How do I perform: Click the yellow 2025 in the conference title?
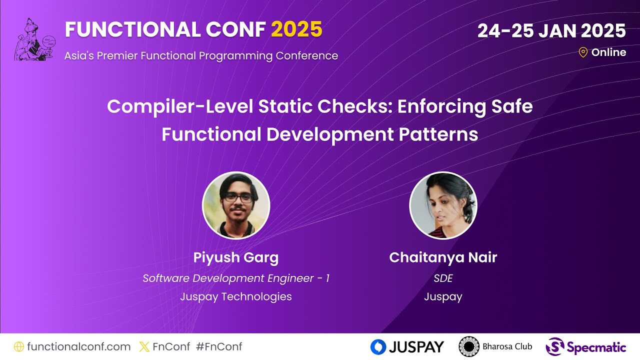tap(296, 30)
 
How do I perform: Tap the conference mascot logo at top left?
tap(34, 40)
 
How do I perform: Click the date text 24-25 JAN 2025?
tap(551, 31)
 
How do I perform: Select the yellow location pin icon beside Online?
tap(582, 52)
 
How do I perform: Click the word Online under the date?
tap(608, 52)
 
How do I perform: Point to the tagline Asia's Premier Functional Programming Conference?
tap(201, 55)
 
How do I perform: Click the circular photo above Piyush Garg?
tap(236, 205)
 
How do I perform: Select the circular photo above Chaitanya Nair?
tap(443, 205)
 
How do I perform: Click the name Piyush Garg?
tap(236, 257)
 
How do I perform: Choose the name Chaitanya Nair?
tap(443, 257)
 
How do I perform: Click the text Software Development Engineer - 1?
tap(236, 278)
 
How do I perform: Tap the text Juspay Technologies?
tap(236, 296)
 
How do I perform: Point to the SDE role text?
tap(443, 278)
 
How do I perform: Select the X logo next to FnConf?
tap(144, 346)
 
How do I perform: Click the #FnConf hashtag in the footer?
tap(219, 346)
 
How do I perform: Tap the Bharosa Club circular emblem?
tap(469, 346)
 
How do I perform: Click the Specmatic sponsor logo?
tap(585, 346)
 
